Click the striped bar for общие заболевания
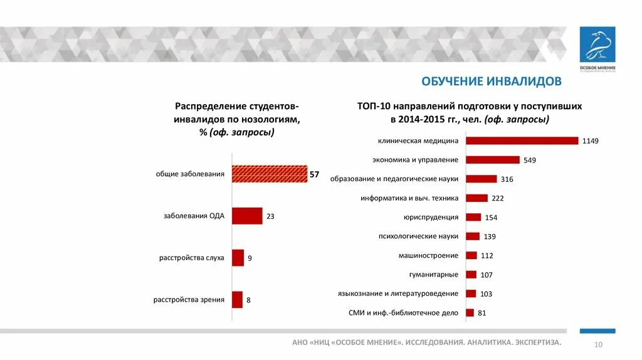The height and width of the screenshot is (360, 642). point(270,174)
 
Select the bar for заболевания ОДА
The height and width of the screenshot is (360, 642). point(247,216)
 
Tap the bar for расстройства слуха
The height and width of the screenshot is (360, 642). point(238,258)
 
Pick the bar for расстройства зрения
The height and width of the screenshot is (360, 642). point(237,300)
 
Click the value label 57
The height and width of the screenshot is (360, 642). point(314,174)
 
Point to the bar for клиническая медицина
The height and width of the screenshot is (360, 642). point(522,140)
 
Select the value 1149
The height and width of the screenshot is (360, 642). point(590,141)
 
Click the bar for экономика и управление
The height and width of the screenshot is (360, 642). point(493,160)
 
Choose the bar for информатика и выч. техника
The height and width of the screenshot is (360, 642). point(476,198)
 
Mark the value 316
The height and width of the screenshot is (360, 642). point(507,179)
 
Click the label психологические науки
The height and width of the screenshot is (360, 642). point(418,236)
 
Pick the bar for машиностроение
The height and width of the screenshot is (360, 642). point(471,255)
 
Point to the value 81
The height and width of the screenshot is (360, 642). point(481,313)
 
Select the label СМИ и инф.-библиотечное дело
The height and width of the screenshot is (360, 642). point(403,312)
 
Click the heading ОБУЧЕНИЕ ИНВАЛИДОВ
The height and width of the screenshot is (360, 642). point(491,82)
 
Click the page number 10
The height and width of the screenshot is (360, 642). point(597,345)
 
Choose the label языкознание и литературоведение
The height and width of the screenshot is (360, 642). point(397,294)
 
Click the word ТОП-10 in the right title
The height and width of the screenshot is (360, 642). point(374,107)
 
